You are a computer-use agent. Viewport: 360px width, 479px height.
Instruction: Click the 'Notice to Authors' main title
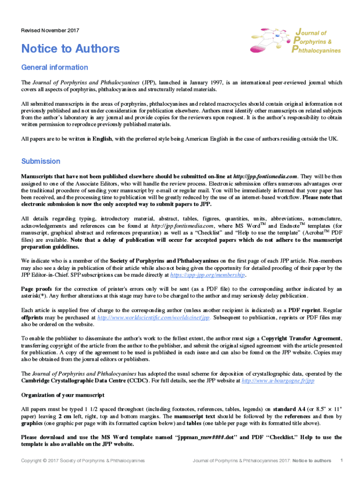[71, 49]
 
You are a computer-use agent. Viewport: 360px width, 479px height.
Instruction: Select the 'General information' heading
[55, 67]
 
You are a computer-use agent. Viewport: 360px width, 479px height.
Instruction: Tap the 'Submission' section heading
[41, 161]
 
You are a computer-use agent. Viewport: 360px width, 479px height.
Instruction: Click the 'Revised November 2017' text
[50, 31]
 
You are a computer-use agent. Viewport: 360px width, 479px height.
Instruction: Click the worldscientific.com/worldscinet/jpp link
[154, 317]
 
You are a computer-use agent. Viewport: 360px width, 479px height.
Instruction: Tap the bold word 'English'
[102, 139]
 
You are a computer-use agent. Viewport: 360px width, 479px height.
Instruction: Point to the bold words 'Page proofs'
[36, 289]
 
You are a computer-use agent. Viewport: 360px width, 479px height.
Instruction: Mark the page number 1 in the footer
[342, 460]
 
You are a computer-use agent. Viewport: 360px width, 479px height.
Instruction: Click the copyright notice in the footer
[83, 461]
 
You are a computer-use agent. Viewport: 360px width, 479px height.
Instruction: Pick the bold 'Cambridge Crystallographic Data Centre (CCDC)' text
[86, 381]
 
